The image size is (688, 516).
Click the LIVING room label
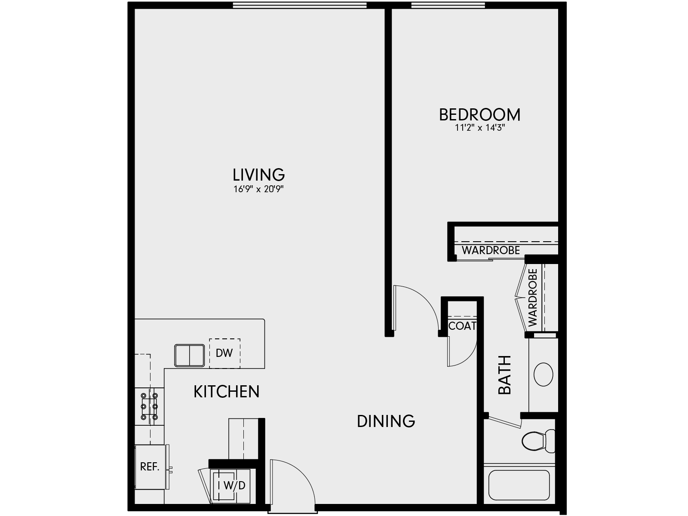258,175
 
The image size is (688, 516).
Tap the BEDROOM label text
479,115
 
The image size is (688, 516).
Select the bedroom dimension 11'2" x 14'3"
479,128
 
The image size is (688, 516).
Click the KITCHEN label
226,392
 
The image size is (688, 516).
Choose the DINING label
386,421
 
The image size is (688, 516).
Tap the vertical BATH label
504,375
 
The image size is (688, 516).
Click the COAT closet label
462,326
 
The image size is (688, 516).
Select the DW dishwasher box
224,353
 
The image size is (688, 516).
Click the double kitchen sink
189,355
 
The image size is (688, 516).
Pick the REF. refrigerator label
150,467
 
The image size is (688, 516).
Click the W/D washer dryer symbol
234,485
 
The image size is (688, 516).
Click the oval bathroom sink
543,374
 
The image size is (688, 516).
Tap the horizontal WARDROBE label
491,250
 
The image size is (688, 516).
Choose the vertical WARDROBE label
533,298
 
